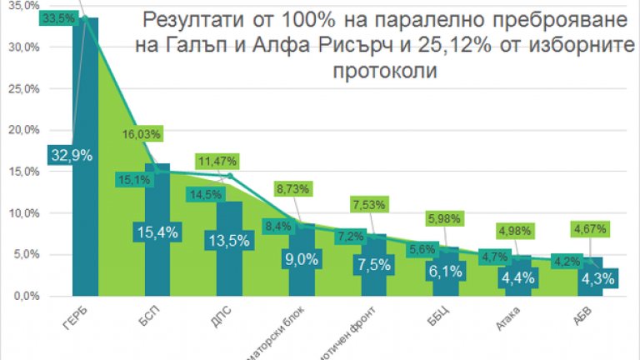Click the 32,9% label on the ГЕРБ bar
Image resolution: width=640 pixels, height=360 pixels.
tap(71, 154)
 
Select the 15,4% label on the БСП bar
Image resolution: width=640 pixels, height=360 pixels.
tap(158, 232)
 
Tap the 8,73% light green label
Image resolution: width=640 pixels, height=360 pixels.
tap(291, 190)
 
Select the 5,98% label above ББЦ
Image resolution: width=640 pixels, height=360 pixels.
tap(442, 219)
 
